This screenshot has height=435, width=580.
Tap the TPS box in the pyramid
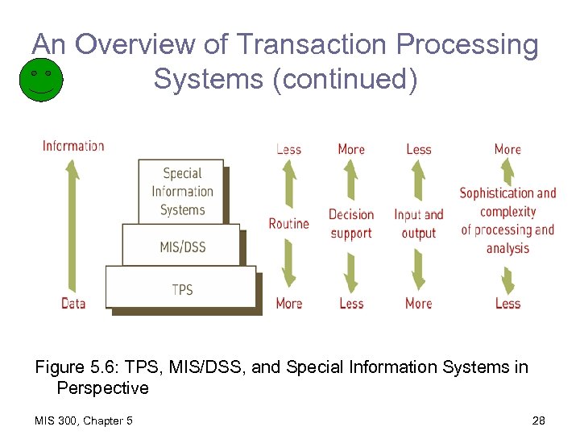click(x=181, y=288)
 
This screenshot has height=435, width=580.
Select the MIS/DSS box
click(x=181, y=246)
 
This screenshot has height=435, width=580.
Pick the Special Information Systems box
click(x=181, y=192)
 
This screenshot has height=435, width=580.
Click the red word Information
click(x=73, y=146)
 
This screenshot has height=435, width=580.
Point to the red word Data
click(x=73, y=303)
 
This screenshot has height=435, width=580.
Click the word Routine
click(x=288, y=223)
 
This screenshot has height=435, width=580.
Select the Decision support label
click(x=351, y=224)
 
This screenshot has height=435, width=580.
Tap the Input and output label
click(x=418, y=224)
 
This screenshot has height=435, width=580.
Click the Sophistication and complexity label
click(x=507, y=220)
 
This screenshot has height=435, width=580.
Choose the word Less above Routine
click(x=288, y=149)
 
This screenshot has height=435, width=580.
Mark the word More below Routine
click(x=288, y=303)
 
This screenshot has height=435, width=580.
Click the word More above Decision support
click(x=351, y=149)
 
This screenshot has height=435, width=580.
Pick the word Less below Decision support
click(x=351, y=303)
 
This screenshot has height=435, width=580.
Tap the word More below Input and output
click(x=418, y=303)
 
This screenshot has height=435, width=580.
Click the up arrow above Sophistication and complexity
click(x=507, y=171)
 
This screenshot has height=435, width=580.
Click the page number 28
click(x=539, y=420)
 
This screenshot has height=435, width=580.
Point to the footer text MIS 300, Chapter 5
click(x=85, y=420)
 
